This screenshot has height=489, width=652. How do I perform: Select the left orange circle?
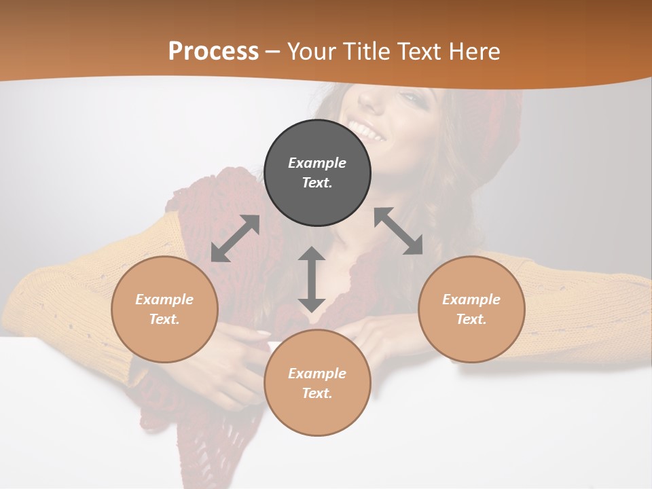164,309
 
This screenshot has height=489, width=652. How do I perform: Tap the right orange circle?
471,309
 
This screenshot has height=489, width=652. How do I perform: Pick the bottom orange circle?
317,382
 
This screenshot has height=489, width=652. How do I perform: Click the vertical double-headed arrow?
312,279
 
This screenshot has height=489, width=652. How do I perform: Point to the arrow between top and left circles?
235,238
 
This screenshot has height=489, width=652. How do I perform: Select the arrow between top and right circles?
399,231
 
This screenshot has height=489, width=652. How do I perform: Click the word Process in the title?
213,51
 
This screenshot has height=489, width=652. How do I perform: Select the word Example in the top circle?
317,163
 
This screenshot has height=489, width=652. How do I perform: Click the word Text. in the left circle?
164,319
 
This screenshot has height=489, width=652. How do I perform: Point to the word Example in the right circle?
471,300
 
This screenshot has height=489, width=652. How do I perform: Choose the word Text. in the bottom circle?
317,393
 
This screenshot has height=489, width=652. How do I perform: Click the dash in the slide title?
273,51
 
